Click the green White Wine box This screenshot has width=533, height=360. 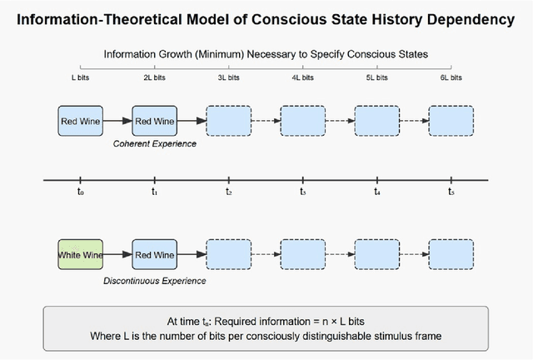coord(80,253)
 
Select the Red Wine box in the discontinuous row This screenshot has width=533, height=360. coord(154,253)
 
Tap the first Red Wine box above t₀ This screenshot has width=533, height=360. coord(80,122)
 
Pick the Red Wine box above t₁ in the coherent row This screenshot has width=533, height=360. coord(154,122)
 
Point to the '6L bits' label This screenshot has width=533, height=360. coord(451,77)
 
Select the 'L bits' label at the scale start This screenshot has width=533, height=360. coord(80,77)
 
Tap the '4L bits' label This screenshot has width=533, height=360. coord(302,77)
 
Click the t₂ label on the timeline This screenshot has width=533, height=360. coord(228,192)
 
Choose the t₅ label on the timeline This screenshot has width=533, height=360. coord(451,192)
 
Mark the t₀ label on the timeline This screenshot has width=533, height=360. coord(80,192)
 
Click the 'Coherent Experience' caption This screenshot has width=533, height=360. coord(154,144)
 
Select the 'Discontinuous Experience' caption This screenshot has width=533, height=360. coord(154,281)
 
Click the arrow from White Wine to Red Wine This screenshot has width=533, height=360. coord(117,253)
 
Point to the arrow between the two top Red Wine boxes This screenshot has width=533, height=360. coord(117,122)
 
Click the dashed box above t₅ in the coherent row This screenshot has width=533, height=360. coord(451,122)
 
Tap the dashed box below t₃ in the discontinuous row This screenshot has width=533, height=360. coord(302,253)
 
